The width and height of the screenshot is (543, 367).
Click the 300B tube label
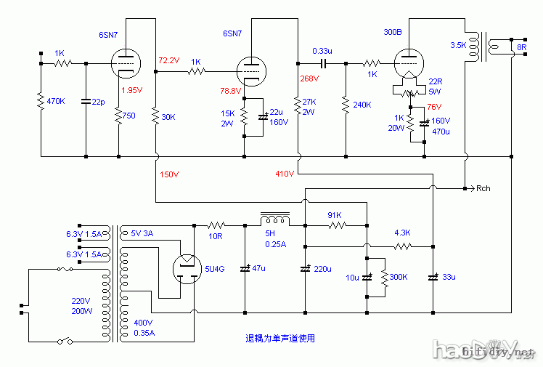[393, 32]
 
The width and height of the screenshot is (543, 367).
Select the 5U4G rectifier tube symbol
[185, 270]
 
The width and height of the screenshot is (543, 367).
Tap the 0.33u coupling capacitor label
[322, 51]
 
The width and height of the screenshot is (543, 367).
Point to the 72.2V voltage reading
[168, 60]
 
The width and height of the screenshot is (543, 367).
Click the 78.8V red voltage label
[231, 91]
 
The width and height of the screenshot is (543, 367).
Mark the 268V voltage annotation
[309, 78]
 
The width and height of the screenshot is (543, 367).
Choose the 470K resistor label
[56, 102]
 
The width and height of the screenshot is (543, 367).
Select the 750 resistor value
[128, 116]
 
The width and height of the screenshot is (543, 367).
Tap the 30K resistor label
[168, 116]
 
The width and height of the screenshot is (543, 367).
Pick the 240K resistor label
[362, 105]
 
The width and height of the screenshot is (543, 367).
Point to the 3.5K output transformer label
[459, 45]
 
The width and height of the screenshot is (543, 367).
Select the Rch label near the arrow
[483, 189]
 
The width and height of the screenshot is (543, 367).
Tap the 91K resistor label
[335, 215]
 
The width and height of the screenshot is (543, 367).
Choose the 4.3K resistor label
[402, 233]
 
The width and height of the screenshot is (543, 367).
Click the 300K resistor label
[399, 278]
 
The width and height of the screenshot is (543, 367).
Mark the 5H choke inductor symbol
[276, 218]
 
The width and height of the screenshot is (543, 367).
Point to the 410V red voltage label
[285, 174]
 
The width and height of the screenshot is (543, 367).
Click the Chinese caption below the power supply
[279, 339]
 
